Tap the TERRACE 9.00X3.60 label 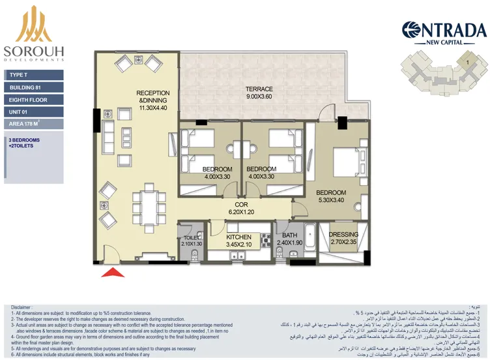tap(259, 93)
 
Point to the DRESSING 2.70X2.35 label tap(343, 238)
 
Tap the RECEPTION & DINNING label tap(152, 102)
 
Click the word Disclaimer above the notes tap(22, 305)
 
